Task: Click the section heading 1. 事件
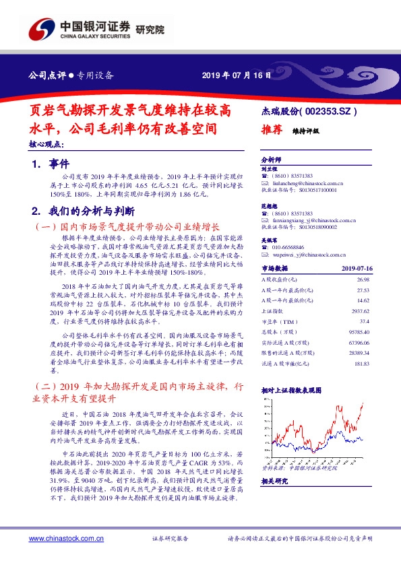point(47,164)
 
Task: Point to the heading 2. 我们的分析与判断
point(84,211)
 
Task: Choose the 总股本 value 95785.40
point(359,332)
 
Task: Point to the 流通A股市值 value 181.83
point(361,364)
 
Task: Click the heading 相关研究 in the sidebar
point(274,481)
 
